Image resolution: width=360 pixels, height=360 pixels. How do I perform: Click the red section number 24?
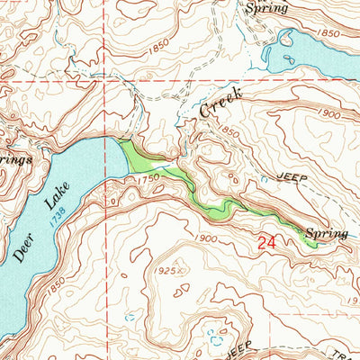[x=265, y=242]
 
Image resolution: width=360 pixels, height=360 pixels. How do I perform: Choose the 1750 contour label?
[x=148, y=179]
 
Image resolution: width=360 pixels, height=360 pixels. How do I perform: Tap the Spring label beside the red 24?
[x=326, y=234]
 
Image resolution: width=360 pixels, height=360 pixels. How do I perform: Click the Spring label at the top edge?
[x=266, y=7]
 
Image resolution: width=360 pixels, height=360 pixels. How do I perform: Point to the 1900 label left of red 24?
[x=206, y=238]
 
